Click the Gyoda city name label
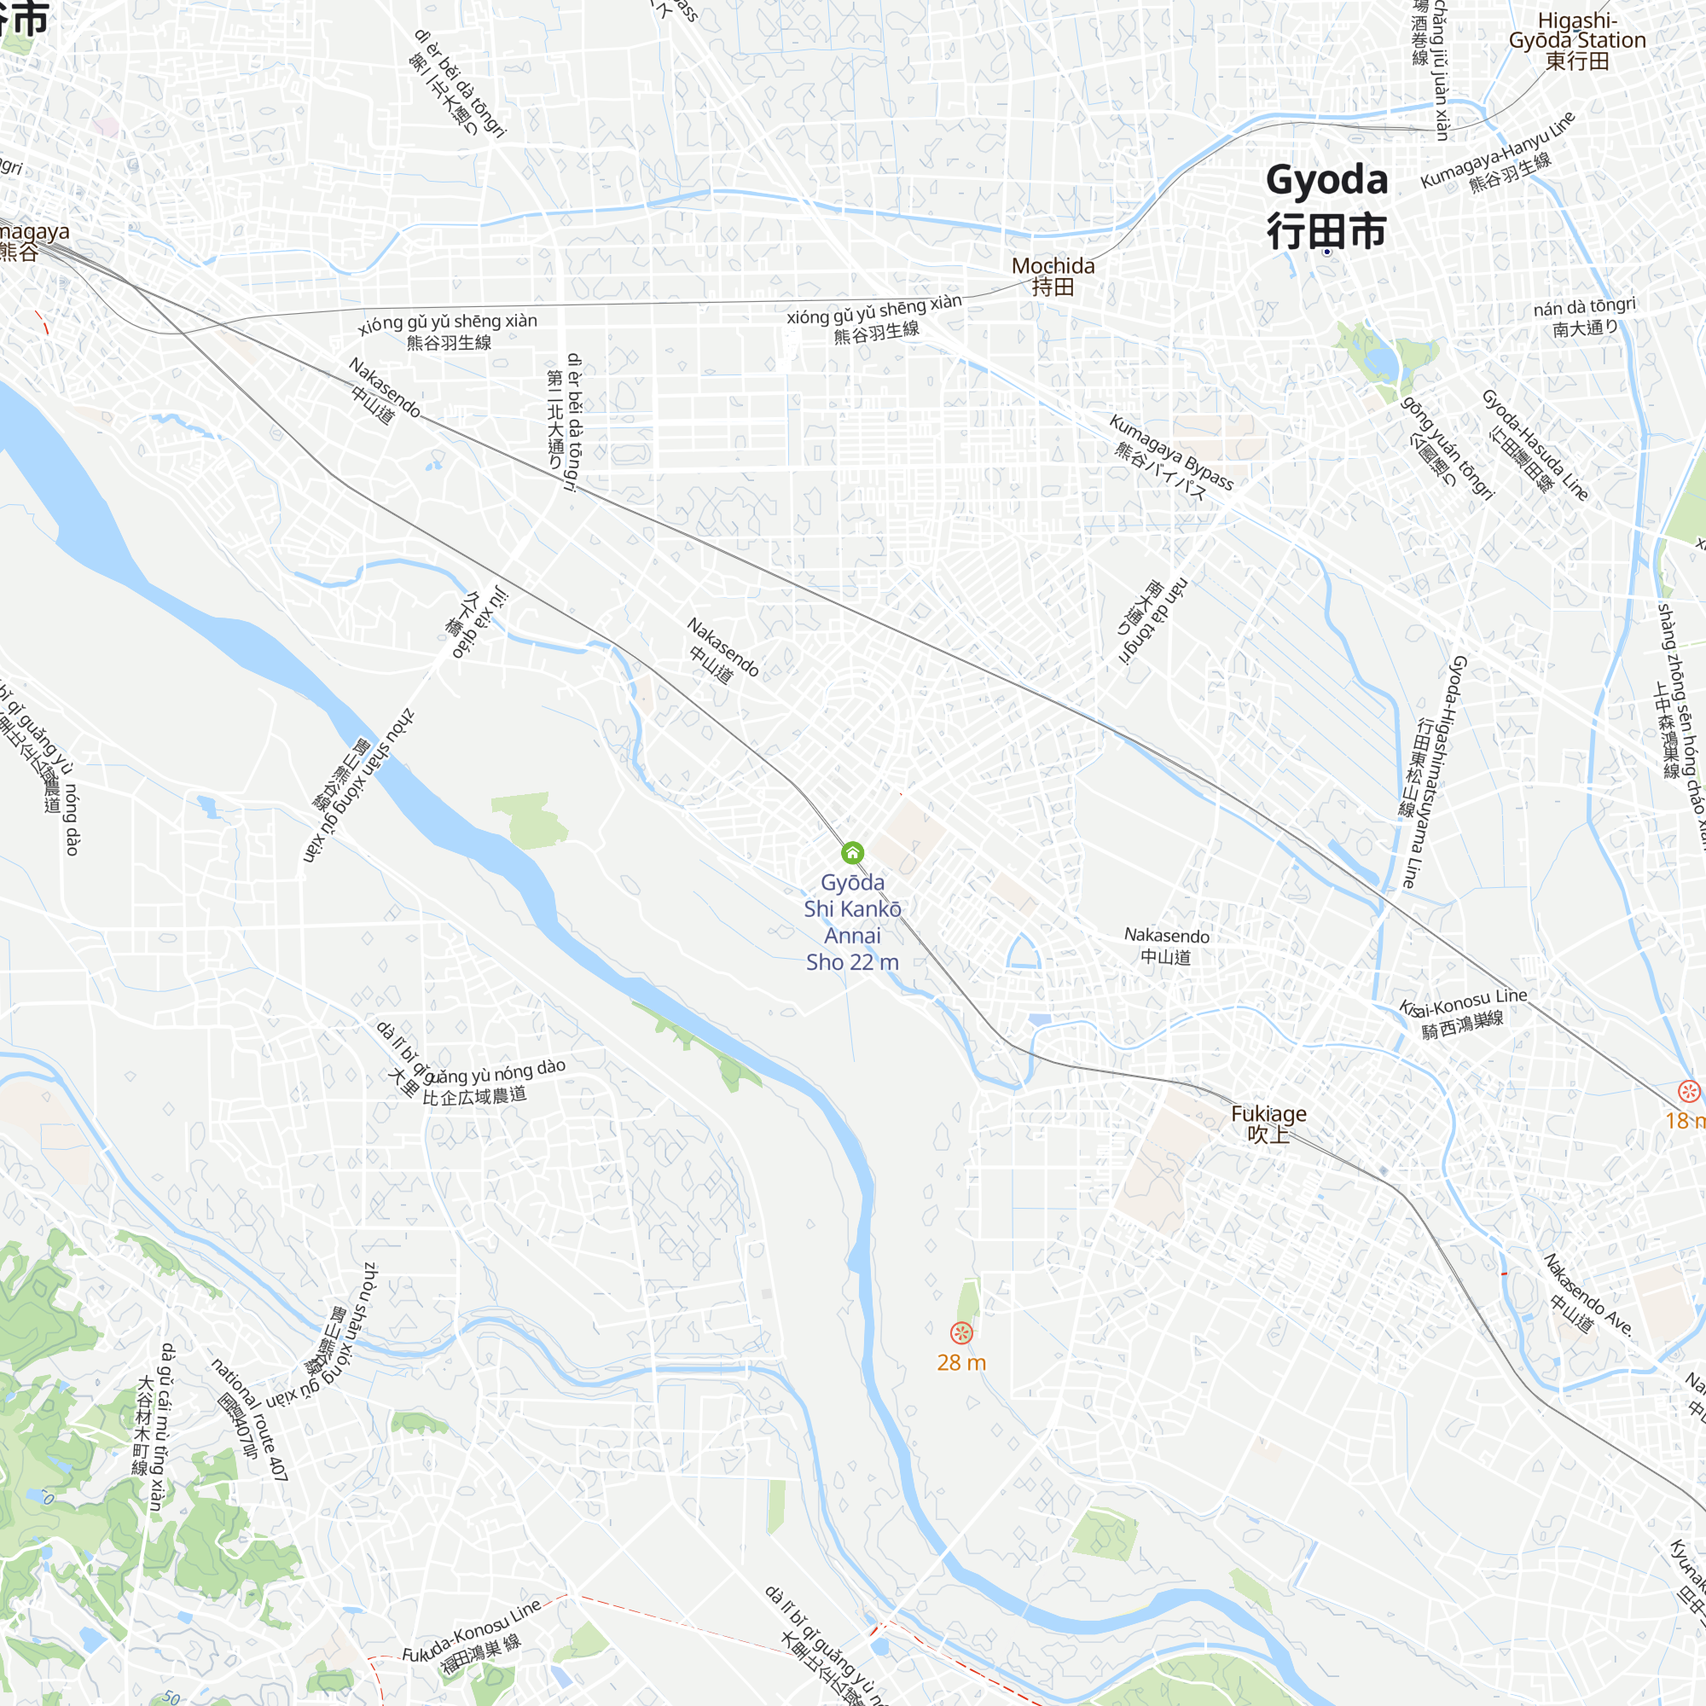click(1326, 205)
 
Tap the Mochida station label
click(1053, 276)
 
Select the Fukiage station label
click(1268, 1123)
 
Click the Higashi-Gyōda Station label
click(1577, 41)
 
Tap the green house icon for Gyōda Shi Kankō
click(852, 852)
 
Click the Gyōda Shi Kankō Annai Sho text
click(852, 922)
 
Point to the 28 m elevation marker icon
click(961, 1333)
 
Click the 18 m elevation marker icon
click(1688, 1093)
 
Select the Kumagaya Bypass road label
click(1169, 457)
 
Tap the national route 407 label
click(250, 1419)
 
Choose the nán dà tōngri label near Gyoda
click(1585, 316)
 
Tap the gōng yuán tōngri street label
click(1448, 449)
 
